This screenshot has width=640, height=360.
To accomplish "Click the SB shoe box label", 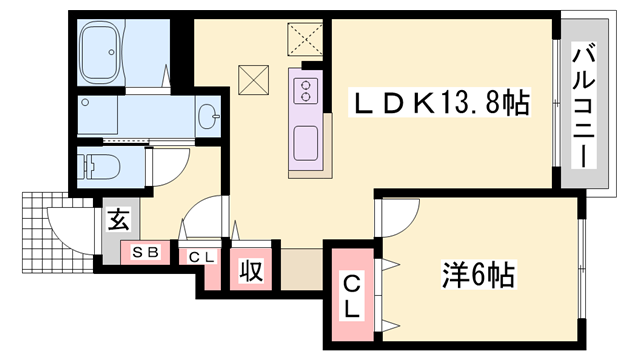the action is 146,253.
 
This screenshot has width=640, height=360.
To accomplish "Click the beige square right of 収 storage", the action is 300,267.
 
